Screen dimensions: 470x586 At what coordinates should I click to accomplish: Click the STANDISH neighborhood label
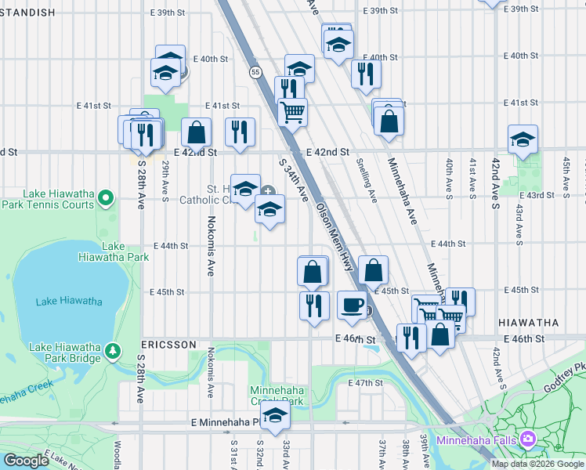[x=29, y=13]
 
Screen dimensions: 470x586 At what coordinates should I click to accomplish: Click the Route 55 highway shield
[x=256, y=72]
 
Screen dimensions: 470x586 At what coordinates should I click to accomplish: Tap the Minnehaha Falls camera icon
[x=528, y=439]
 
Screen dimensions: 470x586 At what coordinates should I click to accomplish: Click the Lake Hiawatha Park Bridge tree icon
[x=114, y=349]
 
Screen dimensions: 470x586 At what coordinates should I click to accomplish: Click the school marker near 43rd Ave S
[x=523, y=138]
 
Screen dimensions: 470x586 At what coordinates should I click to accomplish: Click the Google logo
[x=27, y=461]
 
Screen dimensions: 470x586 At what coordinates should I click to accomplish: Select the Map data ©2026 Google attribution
[x=537, y=464]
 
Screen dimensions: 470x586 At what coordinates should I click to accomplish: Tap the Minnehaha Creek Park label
[x=276, y=396]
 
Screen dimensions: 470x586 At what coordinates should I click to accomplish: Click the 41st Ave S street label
[x=472, y=177]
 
